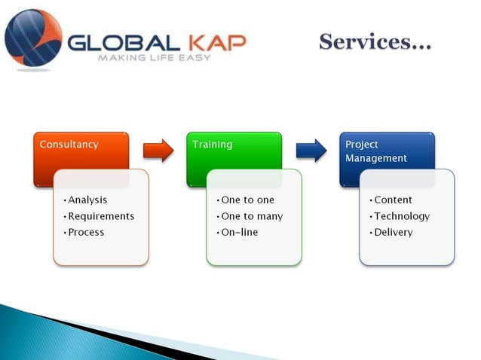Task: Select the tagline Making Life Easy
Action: tap(158, 58)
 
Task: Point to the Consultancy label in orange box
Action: tap(69, 145)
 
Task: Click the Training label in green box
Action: tap(213, 145)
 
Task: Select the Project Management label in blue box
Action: tap(375, 151)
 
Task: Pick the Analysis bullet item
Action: tap(86, 200)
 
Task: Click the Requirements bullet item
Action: tap(100, 216)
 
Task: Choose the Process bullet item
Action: tap(85, 232)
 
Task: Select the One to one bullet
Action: tap(247, 200)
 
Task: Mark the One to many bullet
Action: tap(251, 216)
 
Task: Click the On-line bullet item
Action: tap(239, 232)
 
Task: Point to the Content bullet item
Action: tap(393, 200)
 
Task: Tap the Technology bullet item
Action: tap(401, 216)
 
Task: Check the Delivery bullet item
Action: tap(393, 232)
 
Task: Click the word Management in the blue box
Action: tap(375, 159)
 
